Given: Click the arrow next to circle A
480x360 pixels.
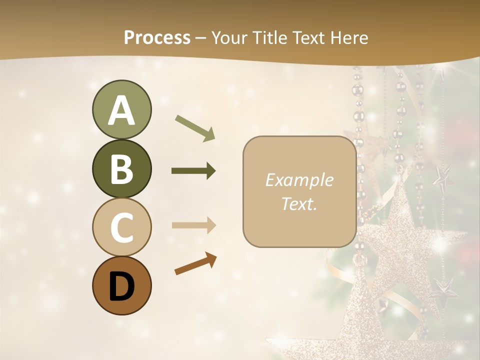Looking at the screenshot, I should [x=195, y=127].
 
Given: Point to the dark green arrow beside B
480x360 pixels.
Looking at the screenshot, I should [x=193, y=171].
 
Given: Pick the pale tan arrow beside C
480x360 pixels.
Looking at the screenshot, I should [x=193, y=225].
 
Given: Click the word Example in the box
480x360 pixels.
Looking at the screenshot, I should [x=299, y=180].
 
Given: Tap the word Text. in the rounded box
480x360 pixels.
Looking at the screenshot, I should [x=299, y=203].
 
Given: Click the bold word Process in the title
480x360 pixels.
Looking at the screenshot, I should [x=157, y=37].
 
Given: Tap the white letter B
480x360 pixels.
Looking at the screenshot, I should [x=121, y=169].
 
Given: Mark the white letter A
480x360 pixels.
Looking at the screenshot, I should [x=121, y=110].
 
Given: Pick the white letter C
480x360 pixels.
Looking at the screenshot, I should [x=121, y=228].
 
